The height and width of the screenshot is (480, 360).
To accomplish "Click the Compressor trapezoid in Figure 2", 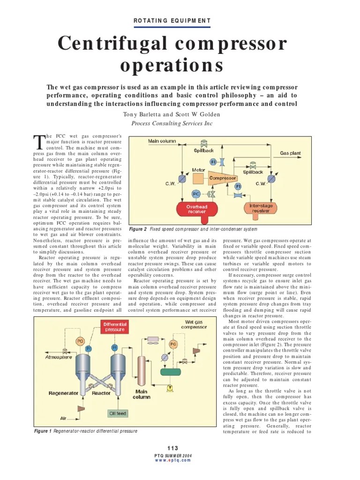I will click(x=223, y=178).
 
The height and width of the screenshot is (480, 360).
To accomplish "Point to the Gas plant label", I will click(x=290, y=153).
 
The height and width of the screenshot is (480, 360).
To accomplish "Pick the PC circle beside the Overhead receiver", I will click(x=196, y=194).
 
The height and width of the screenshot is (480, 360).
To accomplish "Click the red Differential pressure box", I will click(x=115, y=327).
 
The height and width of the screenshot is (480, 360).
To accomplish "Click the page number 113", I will click(x=172, y=448).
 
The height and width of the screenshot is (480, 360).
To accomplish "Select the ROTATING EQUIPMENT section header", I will click(x=172, y=21).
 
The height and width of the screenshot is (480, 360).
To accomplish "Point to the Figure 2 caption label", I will click(x=138, y=229).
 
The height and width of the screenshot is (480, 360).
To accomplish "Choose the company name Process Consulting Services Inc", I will click(x=172, y=123).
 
